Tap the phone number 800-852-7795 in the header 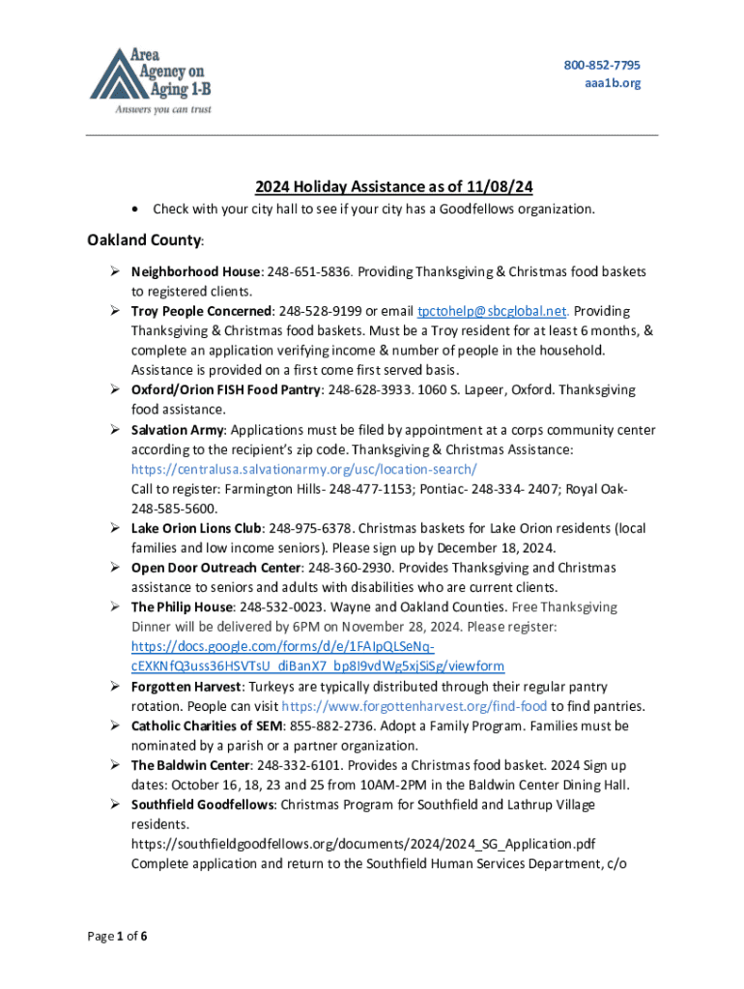pyautogui.click(x=602, y=65)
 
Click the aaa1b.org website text pyautogui.click(x=613, y=83)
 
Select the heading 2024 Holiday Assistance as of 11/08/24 pyautogui.click(x=372, y=186)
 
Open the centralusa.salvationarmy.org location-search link pyautogui.click(x=304, y=469)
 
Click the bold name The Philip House pyautogui.click(x=182, y=608)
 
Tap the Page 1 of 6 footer pyautogui.click(x=117, y=936)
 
